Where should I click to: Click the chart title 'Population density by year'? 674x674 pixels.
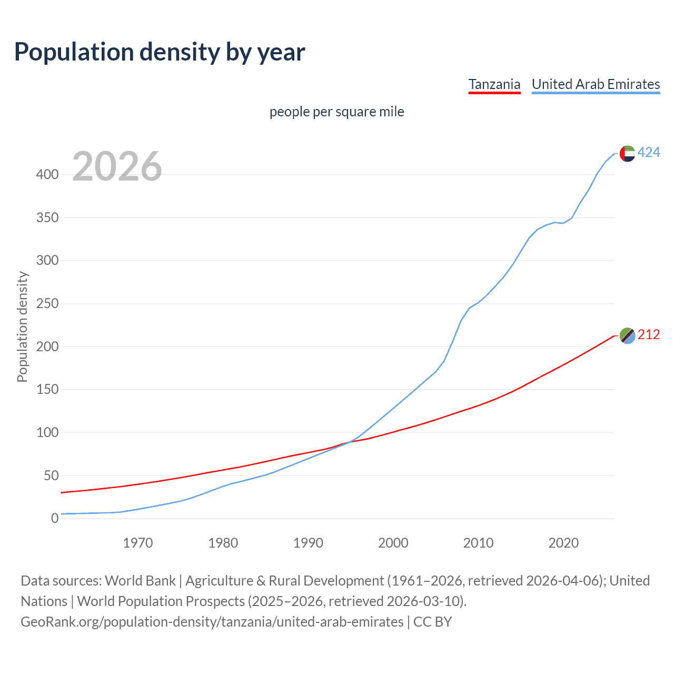(x=160, y=52)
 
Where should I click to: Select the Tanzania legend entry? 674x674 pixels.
(x=494, y=84)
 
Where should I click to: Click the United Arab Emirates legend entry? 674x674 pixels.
(x=596, y=84)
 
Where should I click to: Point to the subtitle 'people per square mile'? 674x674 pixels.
(x=336, y=112)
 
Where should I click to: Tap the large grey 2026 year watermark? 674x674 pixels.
(x=117, y=166)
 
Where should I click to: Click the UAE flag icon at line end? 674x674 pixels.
(x=627, y=153)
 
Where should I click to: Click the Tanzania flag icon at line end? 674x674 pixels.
(x=627, y=335)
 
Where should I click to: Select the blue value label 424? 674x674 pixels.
(x=649, y=153)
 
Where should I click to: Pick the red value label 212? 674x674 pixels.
(x=649, y=335)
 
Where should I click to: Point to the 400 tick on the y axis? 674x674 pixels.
(x=47, y=174)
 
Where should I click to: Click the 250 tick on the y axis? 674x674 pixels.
(x=47, y=304)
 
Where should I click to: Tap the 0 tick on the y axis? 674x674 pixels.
(x=55, y=519)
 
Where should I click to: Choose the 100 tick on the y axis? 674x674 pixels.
(x=47, y=433)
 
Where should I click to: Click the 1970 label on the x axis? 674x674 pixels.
(x=138, y=543)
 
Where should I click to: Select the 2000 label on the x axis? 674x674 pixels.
(x=393, y=543)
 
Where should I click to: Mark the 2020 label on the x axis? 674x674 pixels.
(x=563, y=543)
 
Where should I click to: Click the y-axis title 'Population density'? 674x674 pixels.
(x=22, y=326)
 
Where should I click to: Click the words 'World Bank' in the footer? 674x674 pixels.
(x=140, y=581)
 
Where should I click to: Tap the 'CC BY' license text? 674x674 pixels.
(x=432, y=622)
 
